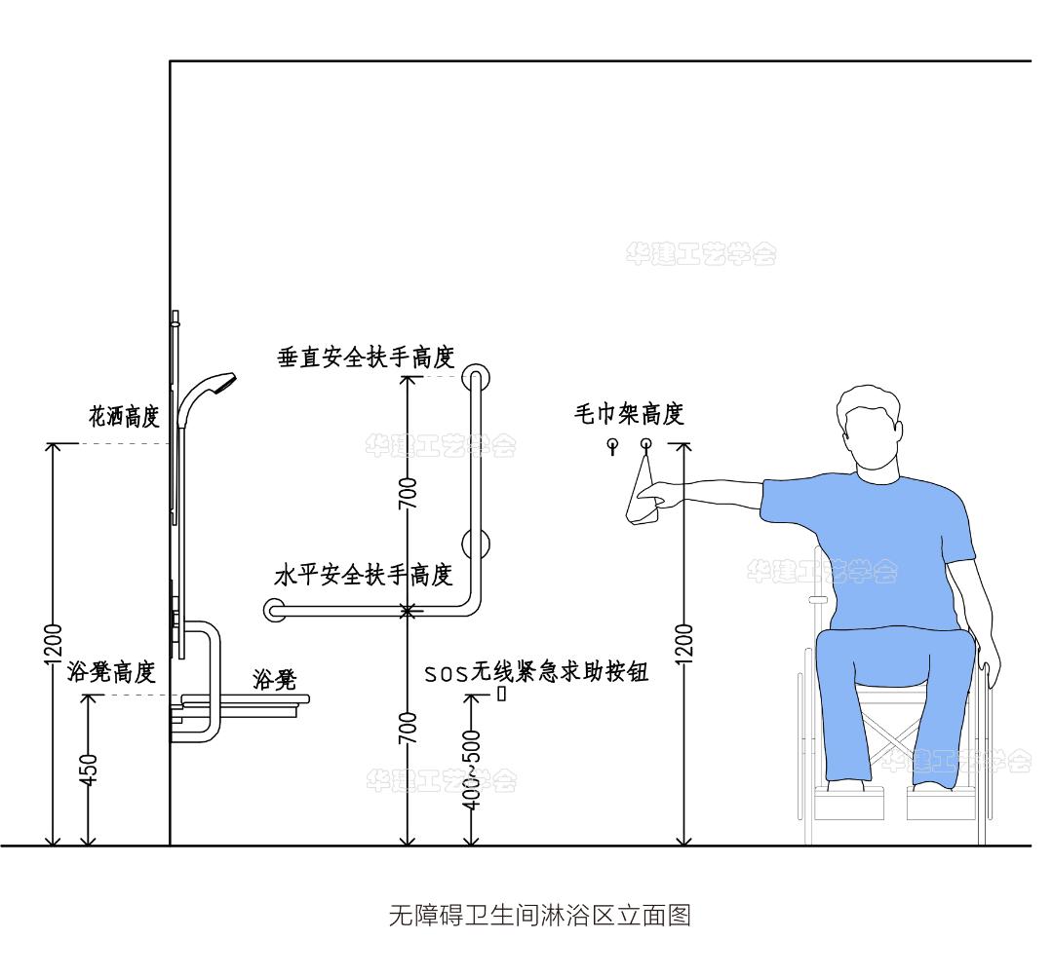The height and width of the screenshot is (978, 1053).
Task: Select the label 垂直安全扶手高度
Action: tap(367, 357)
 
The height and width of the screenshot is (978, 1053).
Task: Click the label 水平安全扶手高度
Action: tap(364, 575)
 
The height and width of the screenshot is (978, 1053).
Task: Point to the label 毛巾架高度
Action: tap(629, 414)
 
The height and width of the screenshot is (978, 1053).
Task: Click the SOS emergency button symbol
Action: tap(502, 694)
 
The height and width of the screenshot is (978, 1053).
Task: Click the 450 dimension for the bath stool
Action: tap(89, 770)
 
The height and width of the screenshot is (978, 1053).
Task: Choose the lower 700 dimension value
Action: tap(409, 729)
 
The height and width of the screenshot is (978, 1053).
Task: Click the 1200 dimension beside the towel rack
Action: tap(684, 643)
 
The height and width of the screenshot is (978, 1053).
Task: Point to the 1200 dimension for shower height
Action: tap(54, 643)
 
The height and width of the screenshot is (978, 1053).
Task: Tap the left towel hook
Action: tap(612, 445)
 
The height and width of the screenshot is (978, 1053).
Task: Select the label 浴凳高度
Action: tap(112, 673)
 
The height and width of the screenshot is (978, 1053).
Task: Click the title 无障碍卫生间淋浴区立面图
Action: tap(539, 916)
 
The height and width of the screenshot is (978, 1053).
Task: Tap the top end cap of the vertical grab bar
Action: tap(476, 377)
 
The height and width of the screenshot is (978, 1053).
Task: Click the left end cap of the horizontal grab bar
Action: tap(273, 611)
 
